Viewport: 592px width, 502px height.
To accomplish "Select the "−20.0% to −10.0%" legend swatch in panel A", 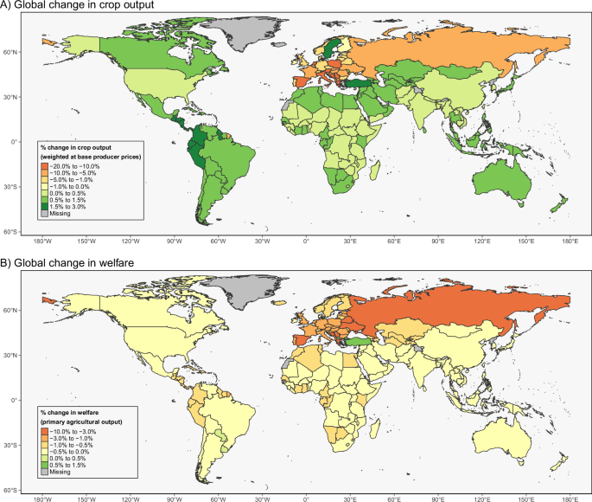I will click(x=43, y=164).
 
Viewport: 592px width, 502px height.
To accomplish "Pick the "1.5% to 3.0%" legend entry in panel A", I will click(x=43, y=205).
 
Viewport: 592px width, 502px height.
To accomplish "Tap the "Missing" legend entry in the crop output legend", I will click(x=43, y=212).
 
